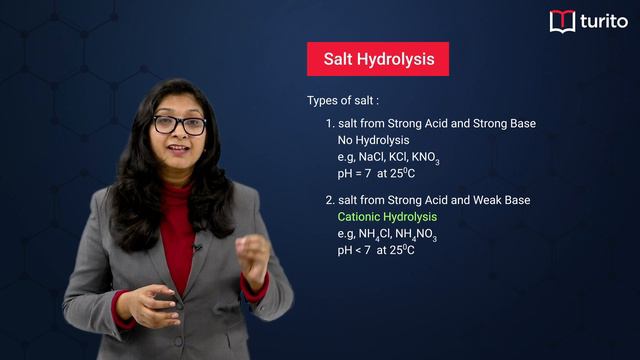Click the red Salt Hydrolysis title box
coord(378,59)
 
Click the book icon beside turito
coord(562,21)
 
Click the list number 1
coord(329,124)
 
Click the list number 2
coord(329,200)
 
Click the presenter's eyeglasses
coord(179,125)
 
